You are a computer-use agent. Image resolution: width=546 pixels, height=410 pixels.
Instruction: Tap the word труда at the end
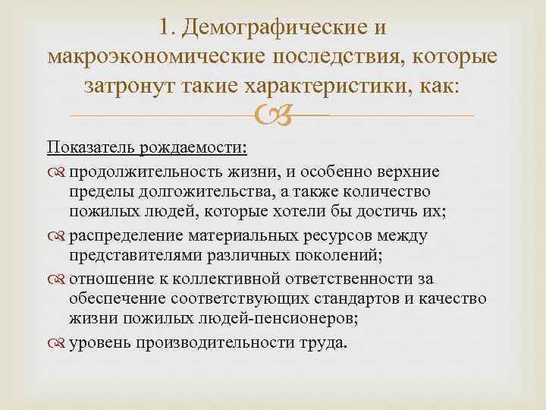tap(325, 342)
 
